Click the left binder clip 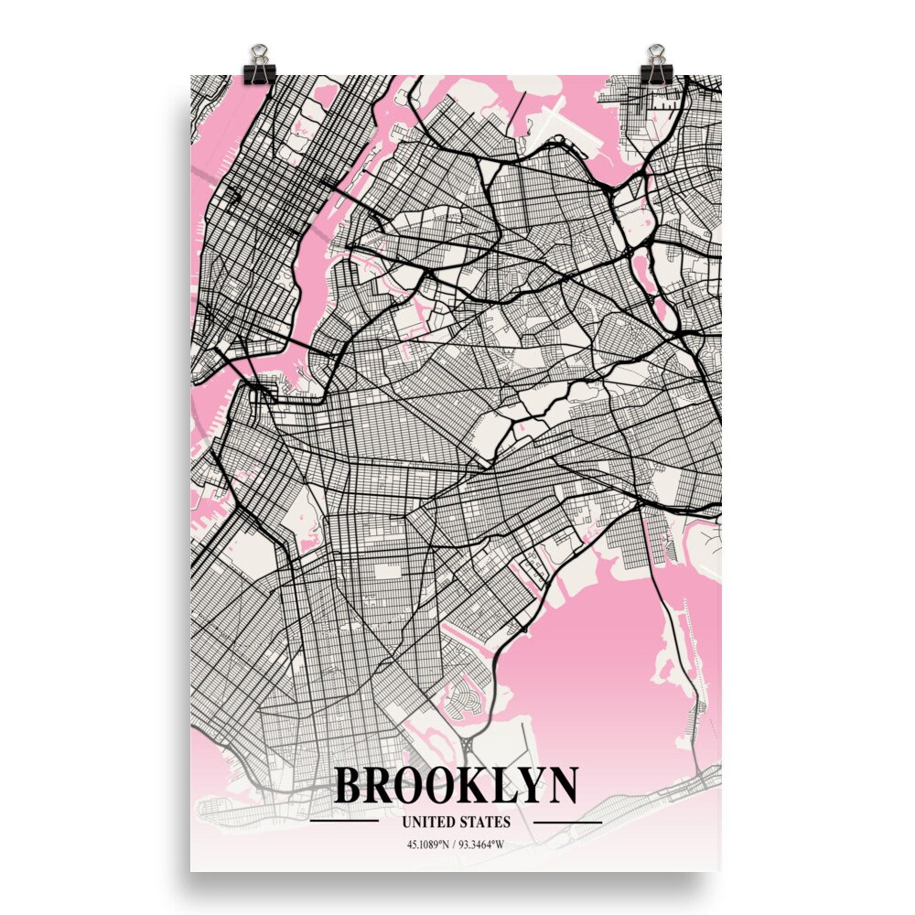point(260,62)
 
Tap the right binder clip point(655,62)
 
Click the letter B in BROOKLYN point(351,785)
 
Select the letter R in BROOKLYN point(385,785)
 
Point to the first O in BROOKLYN point(419,785)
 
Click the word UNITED point(425,822)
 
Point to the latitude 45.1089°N point(427,844)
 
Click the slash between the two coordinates point(455,844)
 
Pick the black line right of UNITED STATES point(567,822)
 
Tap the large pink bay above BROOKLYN point(595,659)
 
